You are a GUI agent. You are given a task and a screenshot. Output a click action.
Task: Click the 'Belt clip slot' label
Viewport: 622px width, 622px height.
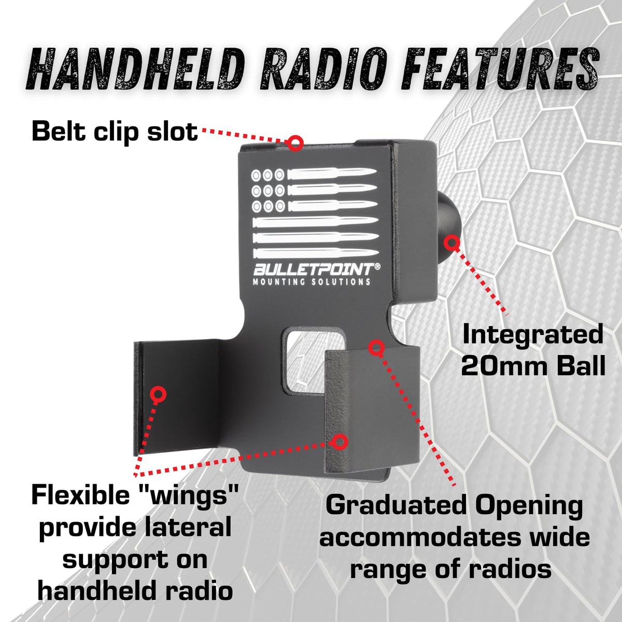115,132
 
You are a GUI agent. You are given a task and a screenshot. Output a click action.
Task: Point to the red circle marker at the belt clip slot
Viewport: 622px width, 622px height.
295,143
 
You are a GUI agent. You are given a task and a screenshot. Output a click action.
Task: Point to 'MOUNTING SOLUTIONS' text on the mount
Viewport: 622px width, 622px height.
312,282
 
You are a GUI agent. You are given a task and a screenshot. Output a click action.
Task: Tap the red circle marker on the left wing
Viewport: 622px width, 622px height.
158,394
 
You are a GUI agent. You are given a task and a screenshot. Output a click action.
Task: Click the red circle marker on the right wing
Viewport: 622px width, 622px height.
340,442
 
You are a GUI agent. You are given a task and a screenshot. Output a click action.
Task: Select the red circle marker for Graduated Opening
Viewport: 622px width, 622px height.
376,348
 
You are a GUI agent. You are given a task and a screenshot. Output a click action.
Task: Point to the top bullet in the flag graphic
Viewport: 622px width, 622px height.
332,174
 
